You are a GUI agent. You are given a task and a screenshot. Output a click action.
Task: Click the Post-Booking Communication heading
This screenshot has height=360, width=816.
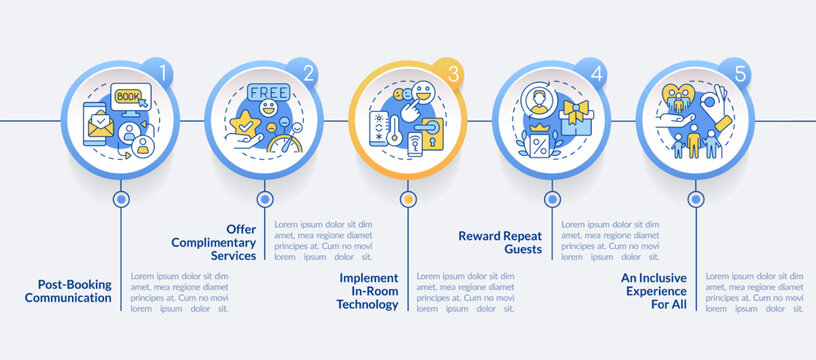click(x=68, y=290)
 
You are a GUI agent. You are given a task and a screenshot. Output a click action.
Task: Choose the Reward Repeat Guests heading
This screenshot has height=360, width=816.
click(x=501, y=243)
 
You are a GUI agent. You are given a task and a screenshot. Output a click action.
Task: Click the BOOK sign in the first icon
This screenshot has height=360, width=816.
click(x=129, y=97)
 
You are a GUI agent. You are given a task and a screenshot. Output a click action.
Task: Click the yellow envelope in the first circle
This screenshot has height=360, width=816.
click(x=101, y=127)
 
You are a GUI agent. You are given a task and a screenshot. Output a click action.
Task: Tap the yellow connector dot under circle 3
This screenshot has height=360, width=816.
click(x=407, y=199)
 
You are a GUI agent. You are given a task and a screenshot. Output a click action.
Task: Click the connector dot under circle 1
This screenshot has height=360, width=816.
click(x=121, y=199)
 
